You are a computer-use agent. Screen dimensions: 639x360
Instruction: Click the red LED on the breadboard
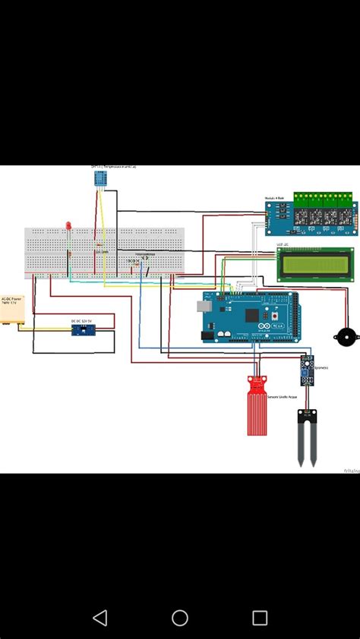tap(68, 226)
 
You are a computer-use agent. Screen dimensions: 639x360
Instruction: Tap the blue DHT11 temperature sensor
tap(99, 178)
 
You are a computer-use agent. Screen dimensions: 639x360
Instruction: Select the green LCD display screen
tap(315, 265)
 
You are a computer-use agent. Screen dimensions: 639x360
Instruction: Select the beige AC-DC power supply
tap(13, 313)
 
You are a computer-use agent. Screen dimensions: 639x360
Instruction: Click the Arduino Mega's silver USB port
tap(204, 306)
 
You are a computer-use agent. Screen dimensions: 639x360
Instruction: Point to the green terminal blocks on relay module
tap(324, 199)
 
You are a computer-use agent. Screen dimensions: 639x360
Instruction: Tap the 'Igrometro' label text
tap(321, 368)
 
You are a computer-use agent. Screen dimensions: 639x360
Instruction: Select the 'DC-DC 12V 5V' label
tap(81, 320)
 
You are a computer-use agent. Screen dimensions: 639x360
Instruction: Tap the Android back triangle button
tap(99, 618)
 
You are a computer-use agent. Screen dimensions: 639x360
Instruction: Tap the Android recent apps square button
tap(260, 618)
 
